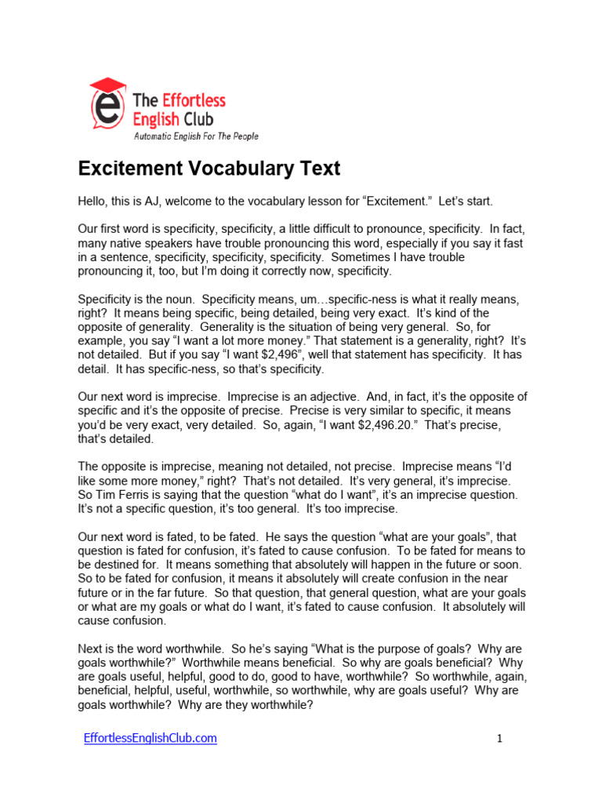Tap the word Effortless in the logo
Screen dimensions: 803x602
point(194,100)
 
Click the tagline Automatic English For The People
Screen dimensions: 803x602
point(196,136)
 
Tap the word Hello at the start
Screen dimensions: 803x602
point(93,202)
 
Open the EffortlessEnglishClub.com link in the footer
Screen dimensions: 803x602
point(150,738)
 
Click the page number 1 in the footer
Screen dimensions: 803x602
point(499,739)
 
